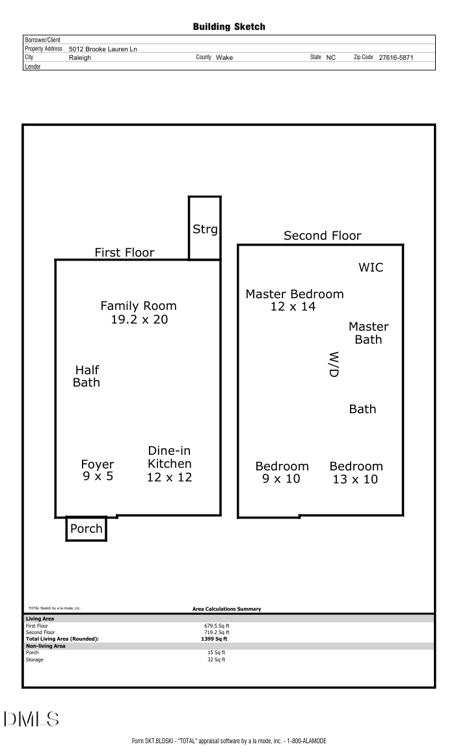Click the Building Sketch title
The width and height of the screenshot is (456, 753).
point(229,27)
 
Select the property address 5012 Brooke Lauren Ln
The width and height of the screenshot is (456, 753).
point(103,49)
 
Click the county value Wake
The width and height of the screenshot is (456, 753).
point(224,57)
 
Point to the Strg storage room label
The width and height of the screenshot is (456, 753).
point(205,229)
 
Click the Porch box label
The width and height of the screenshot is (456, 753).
point(87,529)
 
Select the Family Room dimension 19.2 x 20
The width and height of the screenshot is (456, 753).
point(139,319)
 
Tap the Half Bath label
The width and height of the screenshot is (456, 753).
point(87,376)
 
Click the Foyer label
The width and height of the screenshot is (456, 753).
point(98,465)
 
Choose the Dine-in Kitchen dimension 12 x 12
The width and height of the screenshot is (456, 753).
point(170,477)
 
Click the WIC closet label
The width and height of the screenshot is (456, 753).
point(371,268)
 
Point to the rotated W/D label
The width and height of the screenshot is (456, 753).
point(334,364)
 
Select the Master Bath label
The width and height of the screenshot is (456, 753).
point(368,333)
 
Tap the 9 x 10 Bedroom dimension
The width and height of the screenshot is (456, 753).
point(282,479)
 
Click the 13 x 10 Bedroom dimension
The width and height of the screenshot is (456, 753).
point(355,479)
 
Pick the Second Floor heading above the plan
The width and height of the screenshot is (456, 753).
point(322,236)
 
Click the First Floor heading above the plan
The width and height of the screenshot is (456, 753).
point(124,253)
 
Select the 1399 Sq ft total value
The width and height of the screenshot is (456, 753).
point(215,639)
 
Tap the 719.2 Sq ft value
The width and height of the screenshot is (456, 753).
point(217,632)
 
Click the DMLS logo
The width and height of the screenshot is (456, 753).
point(31,719)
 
